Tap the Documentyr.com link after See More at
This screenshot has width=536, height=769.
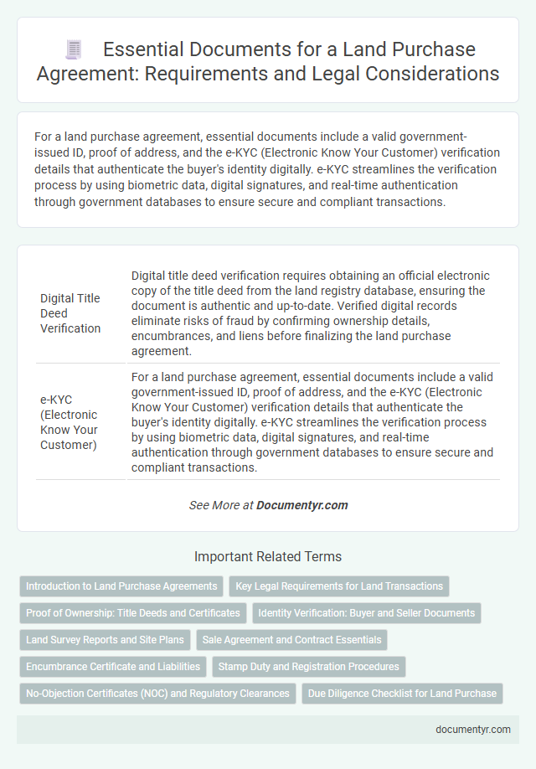pos(301,505)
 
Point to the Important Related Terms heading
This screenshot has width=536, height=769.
pos(268,556)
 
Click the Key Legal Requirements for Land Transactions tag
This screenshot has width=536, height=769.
pos(340,586)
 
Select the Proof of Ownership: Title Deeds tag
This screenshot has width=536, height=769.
pos(132,612)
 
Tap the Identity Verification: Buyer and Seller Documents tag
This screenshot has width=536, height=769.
pos(366,612)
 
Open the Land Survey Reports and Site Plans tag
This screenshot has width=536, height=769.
pos(105,639)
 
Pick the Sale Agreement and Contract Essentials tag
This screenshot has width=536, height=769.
pos(291,639)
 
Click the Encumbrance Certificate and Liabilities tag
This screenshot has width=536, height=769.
pos(112,666)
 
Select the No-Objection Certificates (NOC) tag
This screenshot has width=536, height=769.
pos(157,693)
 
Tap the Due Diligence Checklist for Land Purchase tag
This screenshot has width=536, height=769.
pos(402,693)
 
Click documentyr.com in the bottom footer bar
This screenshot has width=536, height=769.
pos(473,729)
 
